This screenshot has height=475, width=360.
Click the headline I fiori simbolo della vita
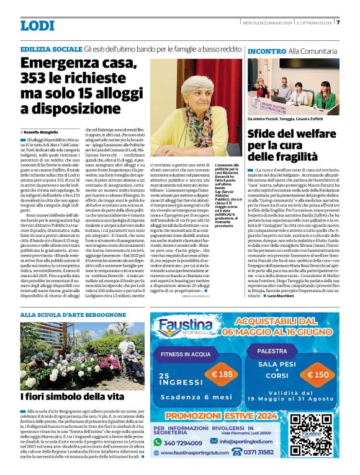coord(72,396)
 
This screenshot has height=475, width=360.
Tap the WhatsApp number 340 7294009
coord(187,443)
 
